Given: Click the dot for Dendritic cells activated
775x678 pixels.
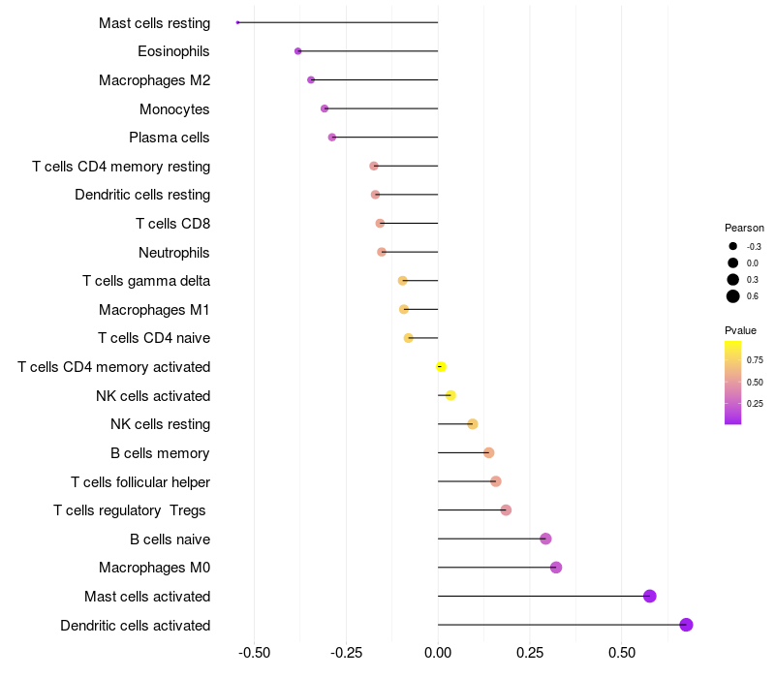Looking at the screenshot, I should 686,625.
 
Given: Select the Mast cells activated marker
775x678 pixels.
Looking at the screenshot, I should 650,596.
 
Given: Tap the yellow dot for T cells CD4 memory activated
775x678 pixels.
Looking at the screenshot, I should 441,367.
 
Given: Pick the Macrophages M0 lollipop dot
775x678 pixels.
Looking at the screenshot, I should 556,568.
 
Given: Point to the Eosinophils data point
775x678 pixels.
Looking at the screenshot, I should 298,51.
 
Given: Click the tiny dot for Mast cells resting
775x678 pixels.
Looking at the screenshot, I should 237,22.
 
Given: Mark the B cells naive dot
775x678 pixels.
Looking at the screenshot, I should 545,539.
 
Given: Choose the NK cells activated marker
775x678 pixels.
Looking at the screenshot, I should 450,395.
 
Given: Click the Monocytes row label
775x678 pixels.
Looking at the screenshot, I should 174,109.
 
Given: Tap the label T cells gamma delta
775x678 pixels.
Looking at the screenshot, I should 146,281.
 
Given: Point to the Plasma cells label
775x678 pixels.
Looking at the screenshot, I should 170,138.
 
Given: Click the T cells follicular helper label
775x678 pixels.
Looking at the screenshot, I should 140,481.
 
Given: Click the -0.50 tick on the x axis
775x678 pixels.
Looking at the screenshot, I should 255,653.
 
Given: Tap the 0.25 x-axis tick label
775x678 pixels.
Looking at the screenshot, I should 530,653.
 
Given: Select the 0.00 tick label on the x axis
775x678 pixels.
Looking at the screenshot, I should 438,653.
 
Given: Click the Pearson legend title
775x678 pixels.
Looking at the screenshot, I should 744,228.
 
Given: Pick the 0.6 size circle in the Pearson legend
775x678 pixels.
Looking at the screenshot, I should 733,296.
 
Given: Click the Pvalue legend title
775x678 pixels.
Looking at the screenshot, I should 740,330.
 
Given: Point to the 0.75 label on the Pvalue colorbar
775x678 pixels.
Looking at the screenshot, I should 755,359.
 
